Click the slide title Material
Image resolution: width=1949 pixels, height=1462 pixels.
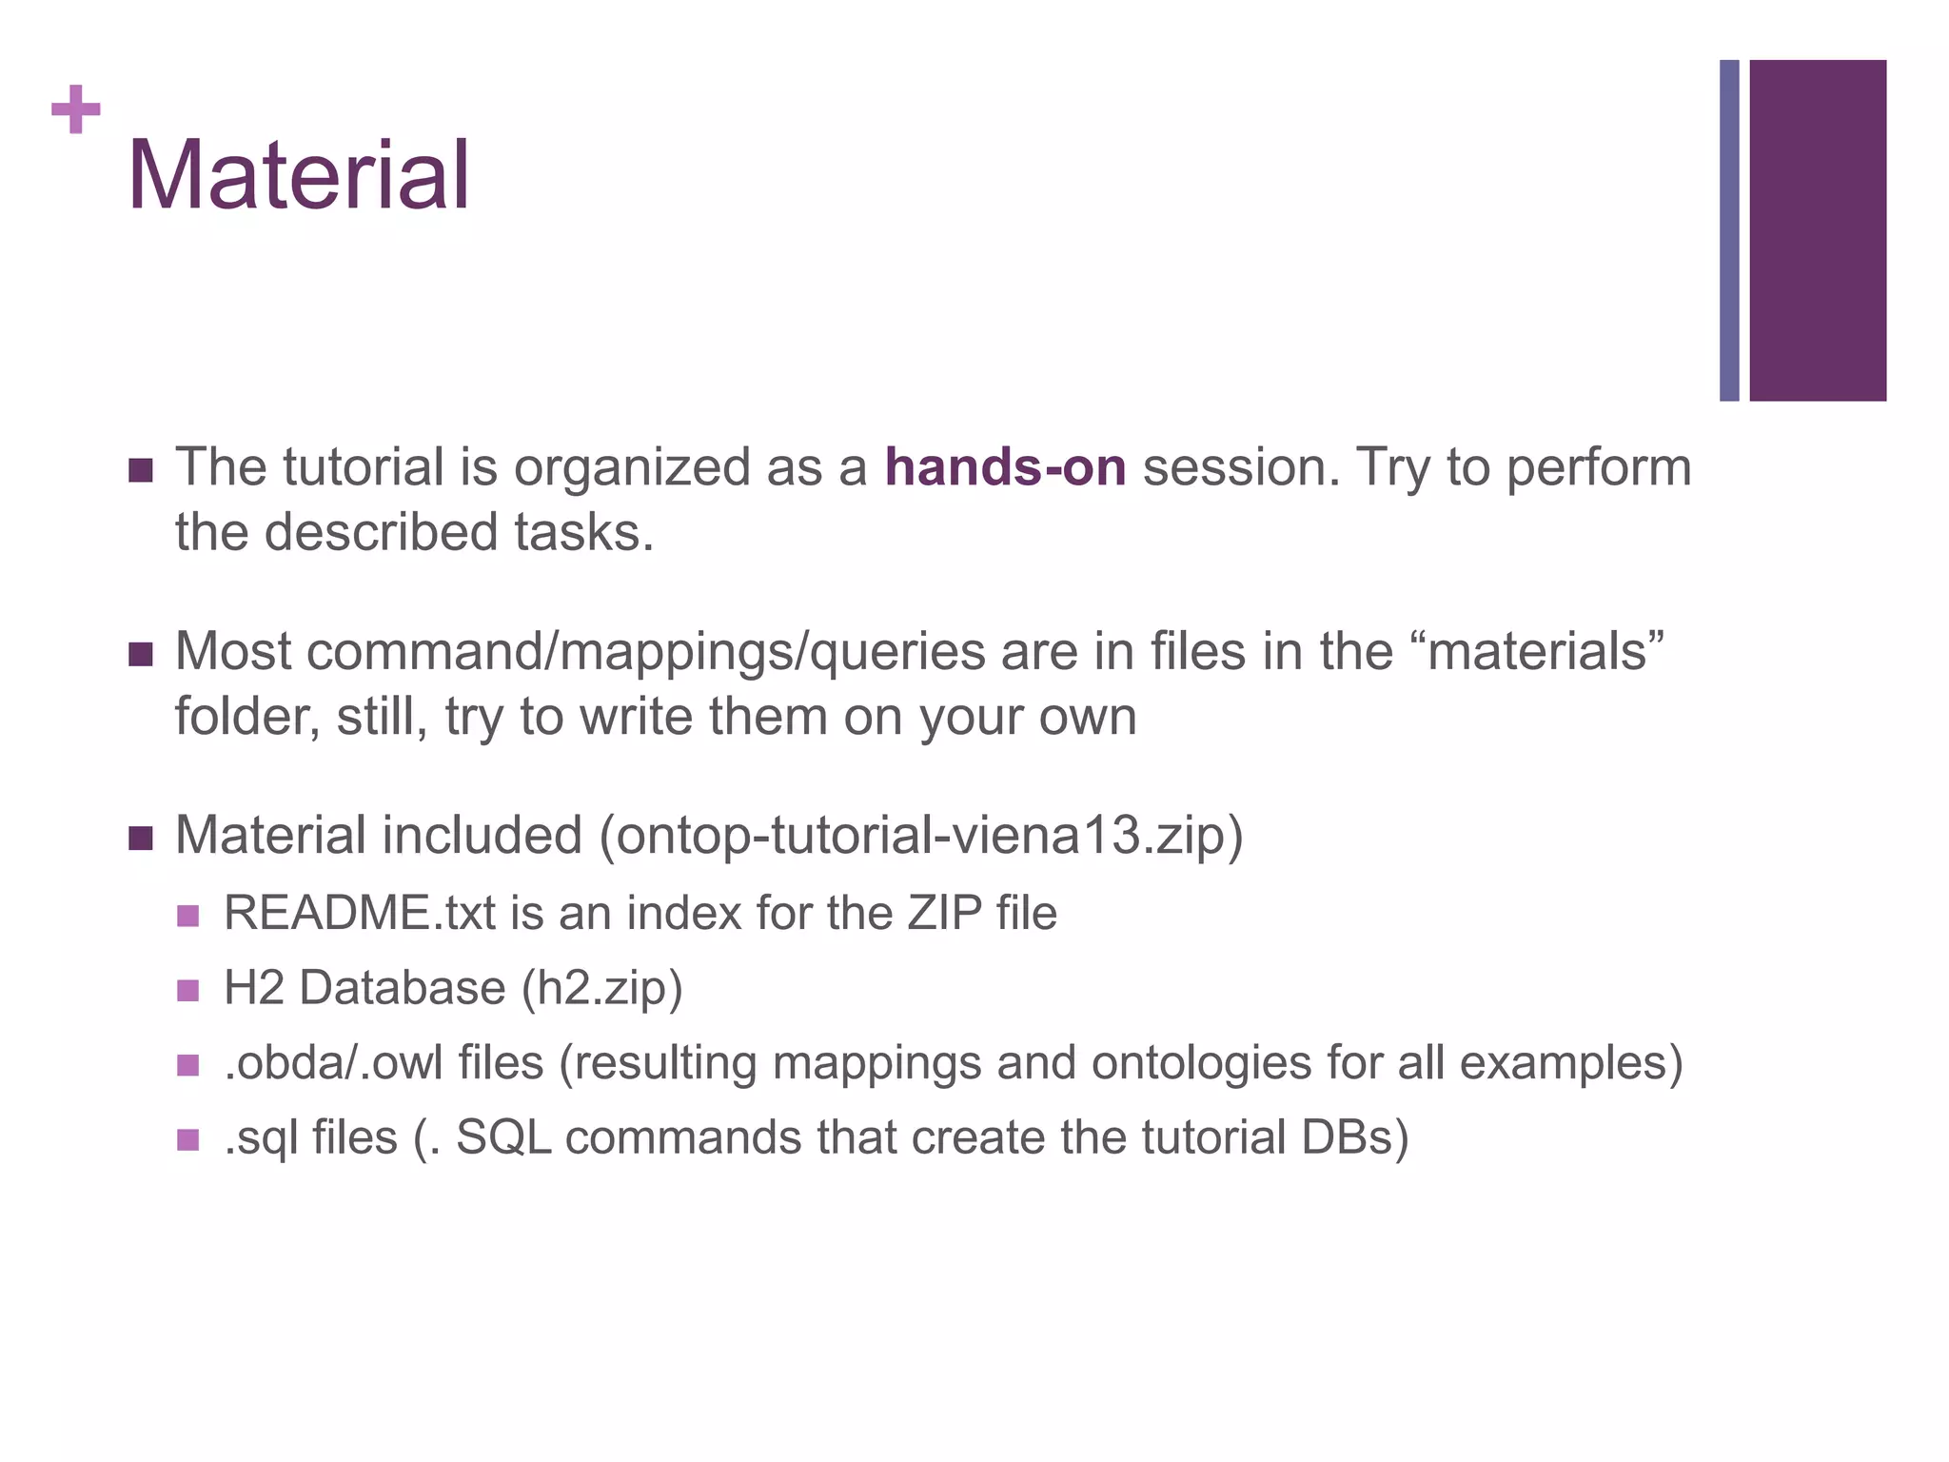[299, 176]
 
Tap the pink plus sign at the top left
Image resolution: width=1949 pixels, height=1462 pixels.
[76, 109]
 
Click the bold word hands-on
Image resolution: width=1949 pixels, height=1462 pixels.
[1005, 467]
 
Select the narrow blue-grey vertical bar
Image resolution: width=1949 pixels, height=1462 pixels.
[1729, 230]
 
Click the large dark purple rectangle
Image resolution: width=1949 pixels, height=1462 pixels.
[1818, 230]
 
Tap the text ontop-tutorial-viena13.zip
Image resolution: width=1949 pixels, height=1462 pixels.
[920, 836]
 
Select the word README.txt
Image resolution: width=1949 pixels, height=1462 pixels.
[359, 913]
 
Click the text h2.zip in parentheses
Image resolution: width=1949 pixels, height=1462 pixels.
[601, 988]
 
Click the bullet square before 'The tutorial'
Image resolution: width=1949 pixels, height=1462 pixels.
[141, 470]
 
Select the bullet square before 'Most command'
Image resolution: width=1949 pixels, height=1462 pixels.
[141, 655]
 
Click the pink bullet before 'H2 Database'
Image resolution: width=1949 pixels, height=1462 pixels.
[188, 991]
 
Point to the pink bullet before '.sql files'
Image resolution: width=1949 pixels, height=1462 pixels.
[188, 1139]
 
